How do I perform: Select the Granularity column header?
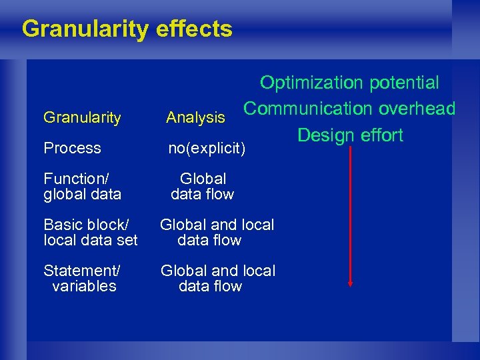click(82, 118)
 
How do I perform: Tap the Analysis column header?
click(195, 118)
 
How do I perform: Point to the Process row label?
click(72, 148)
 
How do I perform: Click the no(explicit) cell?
click(207, 148)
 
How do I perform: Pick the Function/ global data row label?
click(82, 187)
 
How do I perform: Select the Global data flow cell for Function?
click(203, 187)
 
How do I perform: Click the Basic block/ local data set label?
click(91, 233)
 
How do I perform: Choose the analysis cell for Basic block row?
click(217, 233)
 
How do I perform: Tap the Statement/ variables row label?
click(82, 279)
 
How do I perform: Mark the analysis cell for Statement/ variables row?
click(217, 279)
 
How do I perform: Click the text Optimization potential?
click(349, 83)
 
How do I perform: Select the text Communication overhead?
click(349, 109)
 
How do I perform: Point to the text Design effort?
click(350, 135)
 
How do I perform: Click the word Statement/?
click(82, 271)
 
